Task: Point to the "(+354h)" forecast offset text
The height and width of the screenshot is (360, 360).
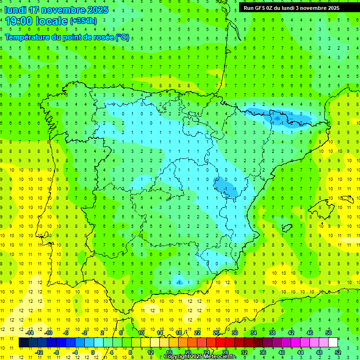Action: [x=83, y=21]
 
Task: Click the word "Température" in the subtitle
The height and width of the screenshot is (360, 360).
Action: [x=28, y=37]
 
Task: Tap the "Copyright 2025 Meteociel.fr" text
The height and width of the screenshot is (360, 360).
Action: [x=200, y=357]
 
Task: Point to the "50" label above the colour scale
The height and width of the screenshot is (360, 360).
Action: [x=328, y=333]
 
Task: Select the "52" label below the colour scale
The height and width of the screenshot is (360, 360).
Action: [x=337, y=352]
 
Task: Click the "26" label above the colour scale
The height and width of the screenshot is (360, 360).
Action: [x=216, y=333]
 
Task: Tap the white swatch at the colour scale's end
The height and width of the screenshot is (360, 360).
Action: [x=333, y=343]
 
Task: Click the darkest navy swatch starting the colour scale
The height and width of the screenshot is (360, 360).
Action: [x=23, y=343]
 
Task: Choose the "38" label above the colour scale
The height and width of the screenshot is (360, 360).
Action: [x=272, y=333]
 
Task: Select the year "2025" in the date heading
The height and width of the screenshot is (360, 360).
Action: [x=95, y=10]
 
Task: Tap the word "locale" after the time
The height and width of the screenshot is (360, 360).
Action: [x=52, y=21]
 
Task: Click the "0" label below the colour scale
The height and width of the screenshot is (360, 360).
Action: [x=93, y=352]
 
